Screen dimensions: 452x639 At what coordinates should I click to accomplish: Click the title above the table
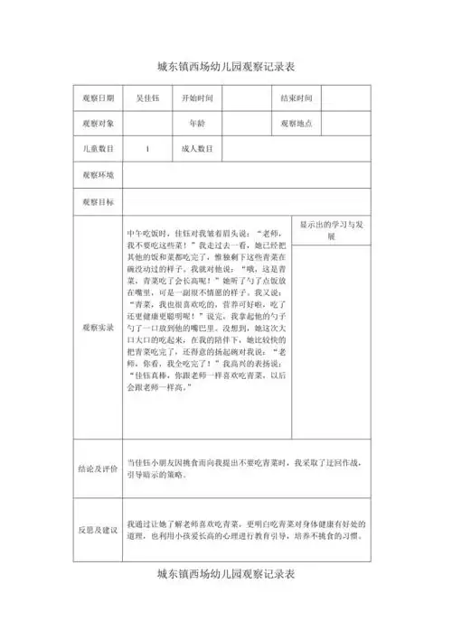click(226, 68)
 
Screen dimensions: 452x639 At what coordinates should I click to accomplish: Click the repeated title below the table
click(226, 574)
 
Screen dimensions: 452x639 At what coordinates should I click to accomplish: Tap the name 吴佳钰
click(147, 97)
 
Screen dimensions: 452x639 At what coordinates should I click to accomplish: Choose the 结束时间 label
click(296, 97)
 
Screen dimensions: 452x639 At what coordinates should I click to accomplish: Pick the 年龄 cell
click(197, 124)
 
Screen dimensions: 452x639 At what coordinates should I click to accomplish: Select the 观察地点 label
click(296, 124)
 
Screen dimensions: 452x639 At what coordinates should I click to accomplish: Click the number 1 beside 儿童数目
click(147, 149)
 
